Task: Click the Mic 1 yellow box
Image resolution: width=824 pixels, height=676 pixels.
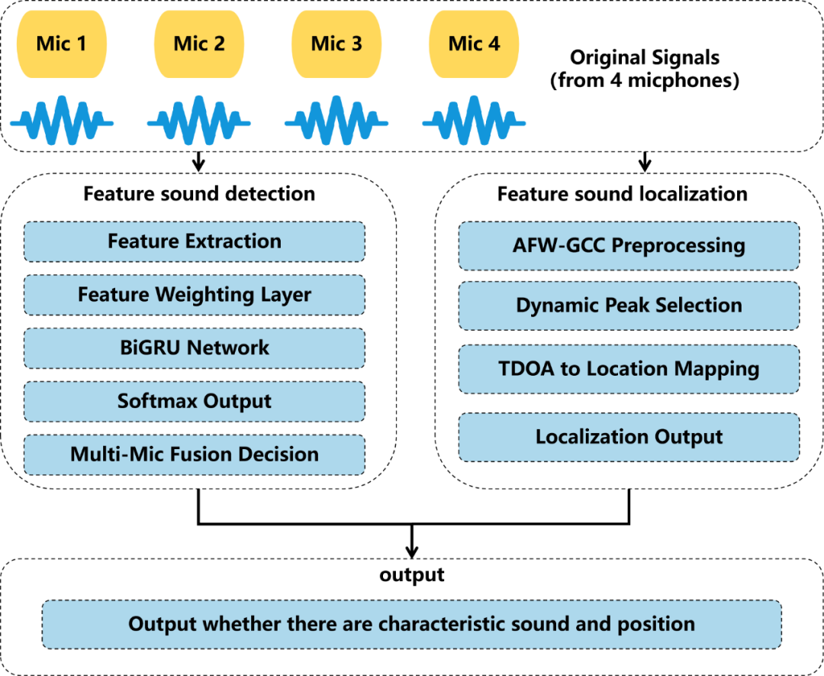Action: pos(62,44)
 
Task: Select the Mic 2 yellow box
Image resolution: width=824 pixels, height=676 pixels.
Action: pos(199,44)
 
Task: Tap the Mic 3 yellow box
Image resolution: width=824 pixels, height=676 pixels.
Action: pos(336,44)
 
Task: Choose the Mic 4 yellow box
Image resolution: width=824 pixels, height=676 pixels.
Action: pos(474,44)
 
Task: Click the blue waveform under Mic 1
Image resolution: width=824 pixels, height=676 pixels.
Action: pos(62,121)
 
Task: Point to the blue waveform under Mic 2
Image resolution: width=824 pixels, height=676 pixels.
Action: pos(199,121)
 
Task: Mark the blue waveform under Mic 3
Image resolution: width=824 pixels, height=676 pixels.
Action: pos(336,121)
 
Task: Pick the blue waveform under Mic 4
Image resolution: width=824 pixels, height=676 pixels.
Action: pos(474,121)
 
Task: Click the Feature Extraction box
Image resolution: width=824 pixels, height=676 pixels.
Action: pos(195,242)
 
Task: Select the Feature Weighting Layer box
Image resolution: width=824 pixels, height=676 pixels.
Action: pos(195,295)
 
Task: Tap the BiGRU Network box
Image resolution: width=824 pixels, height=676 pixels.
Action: pos(195,348)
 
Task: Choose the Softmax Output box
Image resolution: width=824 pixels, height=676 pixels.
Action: pos(195,402)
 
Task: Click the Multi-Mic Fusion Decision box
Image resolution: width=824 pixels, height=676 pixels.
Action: pos(195,454)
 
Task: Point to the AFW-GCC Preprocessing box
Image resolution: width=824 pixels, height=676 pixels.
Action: pos(629,246)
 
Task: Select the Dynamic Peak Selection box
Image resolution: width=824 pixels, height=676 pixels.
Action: pos(629,306)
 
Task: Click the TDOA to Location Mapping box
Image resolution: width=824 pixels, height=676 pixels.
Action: pos(629,369)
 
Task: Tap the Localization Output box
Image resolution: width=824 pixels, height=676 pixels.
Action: pos(629,437)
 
